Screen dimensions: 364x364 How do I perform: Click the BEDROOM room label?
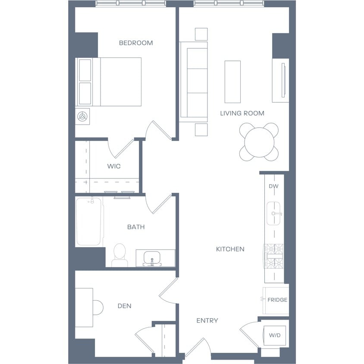coord(136,43)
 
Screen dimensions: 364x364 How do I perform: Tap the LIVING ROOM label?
coord(242,113)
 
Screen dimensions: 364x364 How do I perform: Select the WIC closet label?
coord(114,166)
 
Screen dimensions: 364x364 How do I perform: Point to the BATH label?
coord(136,227)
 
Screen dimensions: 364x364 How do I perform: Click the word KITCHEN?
coord(230,249)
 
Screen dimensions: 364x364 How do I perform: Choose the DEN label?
coord(125,306)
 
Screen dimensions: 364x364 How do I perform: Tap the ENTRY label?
coord(207,320)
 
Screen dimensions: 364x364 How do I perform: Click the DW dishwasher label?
coord(273,186)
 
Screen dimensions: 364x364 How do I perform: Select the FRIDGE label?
coord(277,300)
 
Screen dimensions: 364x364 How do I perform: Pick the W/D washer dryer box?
coord(275,336)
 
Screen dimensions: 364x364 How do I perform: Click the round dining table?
coord(259,142)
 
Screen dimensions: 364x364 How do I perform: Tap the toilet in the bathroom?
coord(119,255)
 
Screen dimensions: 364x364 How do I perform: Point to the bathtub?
coord(89,222)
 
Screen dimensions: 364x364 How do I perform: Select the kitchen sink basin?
coord(273,213)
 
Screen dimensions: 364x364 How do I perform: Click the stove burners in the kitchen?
coord(275,256)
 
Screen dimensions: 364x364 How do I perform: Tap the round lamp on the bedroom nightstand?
coord(82,116)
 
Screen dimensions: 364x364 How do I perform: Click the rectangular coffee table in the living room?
coord(232,82)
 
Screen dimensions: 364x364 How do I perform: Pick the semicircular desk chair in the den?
coord(98,308)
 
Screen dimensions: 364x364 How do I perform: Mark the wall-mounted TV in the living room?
coord(283,80)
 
